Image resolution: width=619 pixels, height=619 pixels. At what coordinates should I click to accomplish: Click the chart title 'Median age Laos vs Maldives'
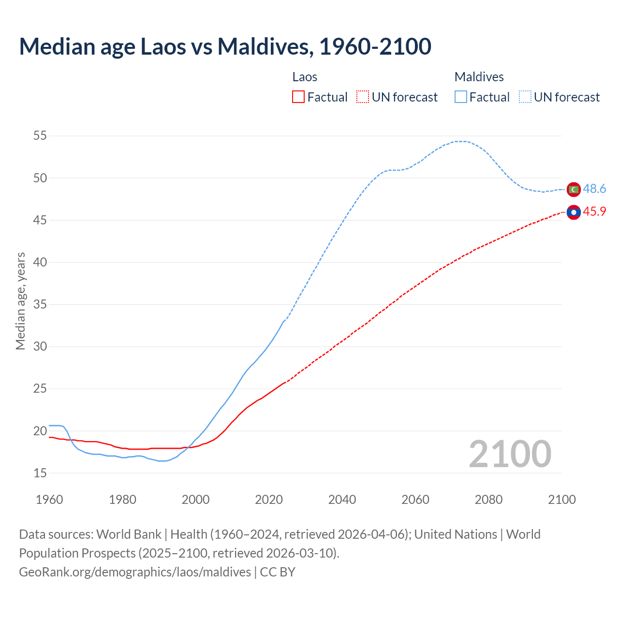coord(225,46)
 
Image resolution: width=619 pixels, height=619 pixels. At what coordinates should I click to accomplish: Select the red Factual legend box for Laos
coord(298,97)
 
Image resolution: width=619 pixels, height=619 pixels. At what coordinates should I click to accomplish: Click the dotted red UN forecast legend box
coord(363,97)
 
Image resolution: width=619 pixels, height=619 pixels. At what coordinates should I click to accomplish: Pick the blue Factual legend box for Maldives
coord(461,97)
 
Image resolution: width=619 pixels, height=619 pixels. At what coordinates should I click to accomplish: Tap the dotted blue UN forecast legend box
coord(525,97)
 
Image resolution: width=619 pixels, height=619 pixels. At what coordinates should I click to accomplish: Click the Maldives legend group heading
coord(479,77)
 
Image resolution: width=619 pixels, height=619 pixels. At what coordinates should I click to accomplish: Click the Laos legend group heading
coord(305,77)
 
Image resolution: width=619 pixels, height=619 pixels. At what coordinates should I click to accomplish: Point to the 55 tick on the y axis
coord(40,136)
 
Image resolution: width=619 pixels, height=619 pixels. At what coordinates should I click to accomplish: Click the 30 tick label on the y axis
coord(40,347)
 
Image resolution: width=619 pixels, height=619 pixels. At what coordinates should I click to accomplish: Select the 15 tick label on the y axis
coord(40,473)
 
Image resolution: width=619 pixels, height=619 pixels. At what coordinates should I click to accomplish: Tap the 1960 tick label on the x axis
coord(49,500)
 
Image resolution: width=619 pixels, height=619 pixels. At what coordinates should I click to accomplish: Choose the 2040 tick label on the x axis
coord(342,500)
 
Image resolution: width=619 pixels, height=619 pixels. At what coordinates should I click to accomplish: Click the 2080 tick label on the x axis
coord(488,500)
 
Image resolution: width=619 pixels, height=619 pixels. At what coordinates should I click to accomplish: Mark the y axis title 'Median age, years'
coord(20,301)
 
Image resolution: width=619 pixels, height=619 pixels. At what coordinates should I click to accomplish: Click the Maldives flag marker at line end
coord(574,190)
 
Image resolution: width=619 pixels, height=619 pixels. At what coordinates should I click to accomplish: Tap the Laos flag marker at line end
coord(574,212)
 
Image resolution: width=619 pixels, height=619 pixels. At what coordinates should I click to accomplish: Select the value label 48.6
coord(594,189)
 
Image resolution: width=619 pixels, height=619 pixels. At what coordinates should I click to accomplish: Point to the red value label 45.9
coord(594,212)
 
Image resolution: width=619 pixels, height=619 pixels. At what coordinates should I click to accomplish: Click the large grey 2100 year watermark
coord(510,454)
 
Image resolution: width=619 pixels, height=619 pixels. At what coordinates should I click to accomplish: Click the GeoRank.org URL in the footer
coord(135,572)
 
